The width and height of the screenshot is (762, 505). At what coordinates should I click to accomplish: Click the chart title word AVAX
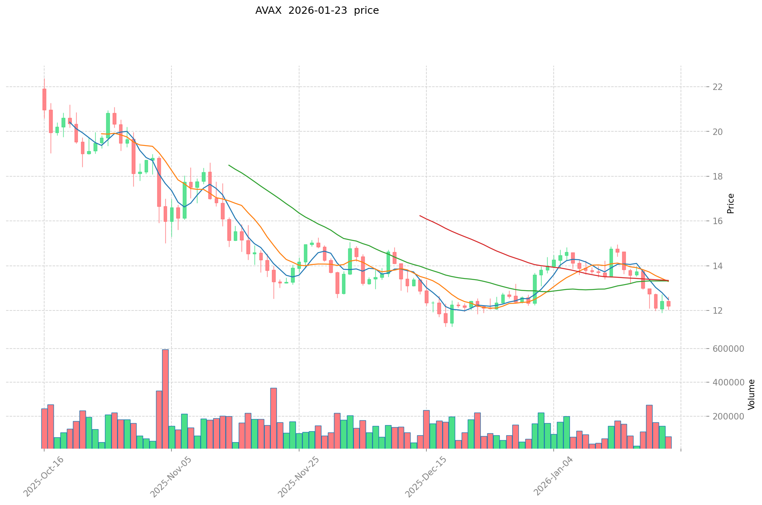click(268, 11)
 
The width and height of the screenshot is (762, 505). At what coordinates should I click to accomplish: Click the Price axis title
click(731, 203)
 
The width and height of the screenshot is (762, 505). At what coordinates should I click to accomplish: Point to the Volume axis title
click(751, 394)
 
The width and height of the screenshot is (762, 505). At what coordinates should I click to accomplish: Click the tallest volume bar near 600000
click(165, 399)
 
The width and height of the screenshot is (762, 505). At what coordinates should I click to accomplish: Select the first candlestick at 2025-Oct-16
click(44, 99)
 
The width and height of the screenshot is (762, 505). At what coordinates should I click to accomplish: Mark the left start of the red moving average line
click(420, 216)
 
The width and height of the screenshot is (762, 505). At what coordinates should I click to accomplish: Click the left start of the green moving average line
click(229, 165)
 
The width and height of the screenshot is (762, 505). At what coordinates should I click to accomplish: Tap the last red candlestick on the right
click(668, 304)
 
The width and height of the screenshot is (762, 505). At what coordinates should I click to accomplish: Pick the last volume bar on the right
click(668, 443)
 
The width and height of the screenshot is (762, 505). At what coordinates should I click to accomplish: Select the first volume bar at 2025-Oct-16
click(44, 428)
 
